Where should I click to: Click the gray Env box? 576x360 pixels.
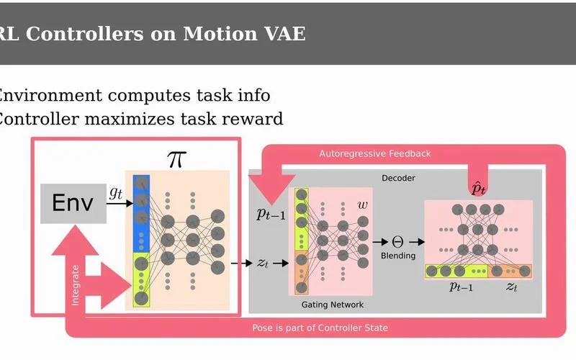pyautogui.click(x=73, y=203)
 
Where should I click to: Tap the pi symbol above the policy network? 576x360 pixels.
pyautogui.click(x=176, y=159)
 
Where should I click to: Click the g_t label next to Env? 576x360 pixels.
pyautogui.click(x=116, y=193)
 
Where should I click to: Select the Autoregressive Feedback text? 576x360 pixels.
pyautogui.click(x=374, y=153)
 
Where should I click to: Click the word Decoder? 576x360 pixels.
pyautogui.click(x=398, y=178)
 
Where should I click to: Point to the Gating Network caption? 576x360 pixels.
pyautogui.click(x=333, y=305)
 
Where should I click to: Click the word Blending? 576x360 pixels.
pyautogui.click(x=398, y=256)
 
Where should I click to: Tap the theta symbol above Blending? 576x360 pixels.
pyautogui.click(x=397, y=242)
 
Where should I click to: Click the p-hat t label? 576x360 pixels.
pyautogui.click(x=478, y=189)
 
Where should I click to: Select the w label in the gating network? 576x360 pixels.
pyautogui.click(x=362, y=205)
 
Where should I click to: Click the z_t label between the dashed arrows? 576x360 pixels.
pyautogui.click(x=262, y=263)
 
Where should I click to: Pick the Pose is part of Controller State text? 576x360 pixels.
pyautogui.click(x=320, y=328)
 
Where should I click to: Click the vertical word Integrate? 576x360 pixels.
pyautogui.click(x=76, y=285)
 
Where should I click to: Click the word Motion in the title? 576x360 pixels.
pyautogui.click(x=220, y=34)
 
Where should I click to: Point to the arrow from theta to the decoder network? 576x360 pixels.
pyautogui.click(x=417, y=242)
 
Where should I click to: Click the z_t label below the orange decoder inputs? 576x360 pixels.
pyautogui.click(x=511, y=286)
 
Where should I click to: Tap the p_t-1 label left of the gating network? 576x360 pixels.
pyautogui.click(x=271, y=213)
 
